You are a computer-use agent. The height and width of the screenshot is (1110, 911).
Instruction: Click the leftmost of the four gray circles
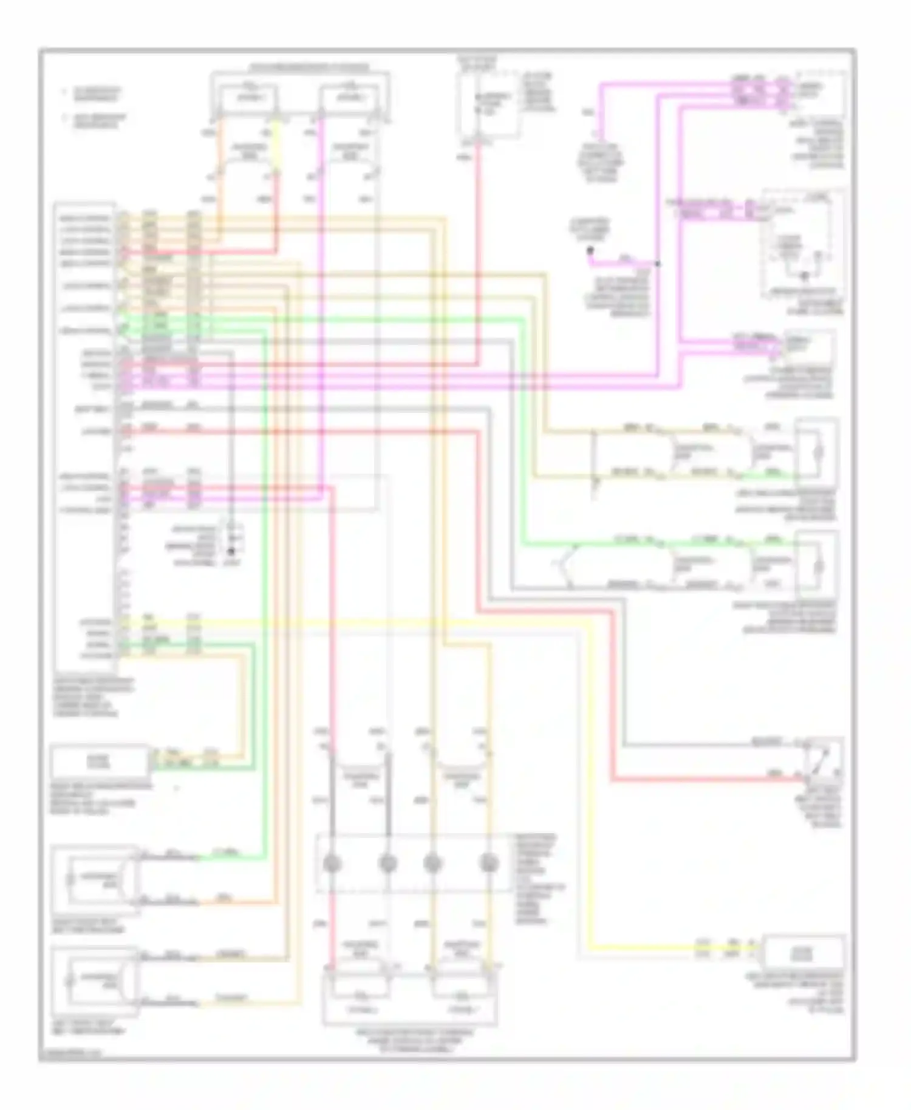[331, 863]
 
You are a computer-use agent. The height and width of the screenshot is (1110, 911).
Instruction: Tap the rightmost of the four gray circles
[489, 863]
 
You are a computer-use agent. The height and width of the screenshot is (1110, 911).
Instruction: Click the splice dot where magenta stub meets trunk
[658, 264]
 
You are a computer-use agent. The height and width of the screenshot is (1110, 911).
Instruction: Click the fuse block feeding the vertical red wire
[488, 106]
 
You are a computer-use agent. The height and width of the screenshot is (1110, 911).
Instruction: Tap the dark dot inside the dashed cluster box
[805, 277]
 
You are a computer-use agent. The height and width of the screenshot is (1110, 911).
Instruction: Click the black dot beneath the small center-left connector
[231, 552]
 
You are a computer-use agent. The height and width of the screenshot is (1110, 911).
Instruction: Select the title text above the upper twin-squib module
[300, 66]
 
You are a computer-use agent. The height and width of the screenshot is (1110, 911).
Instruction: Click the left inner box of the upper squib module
[249, 99]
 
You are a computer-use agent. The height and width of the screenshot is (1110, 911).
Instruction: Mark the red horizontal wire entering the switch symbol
[705, 778]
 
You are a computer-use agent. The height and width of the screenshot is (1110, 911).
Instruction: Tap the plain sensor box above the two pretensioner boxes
[100, 761]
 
